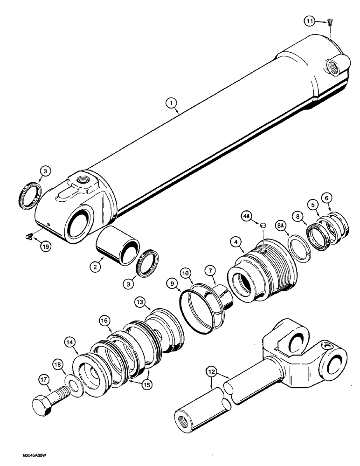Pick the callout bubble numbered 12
point(211,372)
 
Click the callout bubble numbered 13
point(140,302)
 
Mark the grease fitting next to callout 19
point(29,237)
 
